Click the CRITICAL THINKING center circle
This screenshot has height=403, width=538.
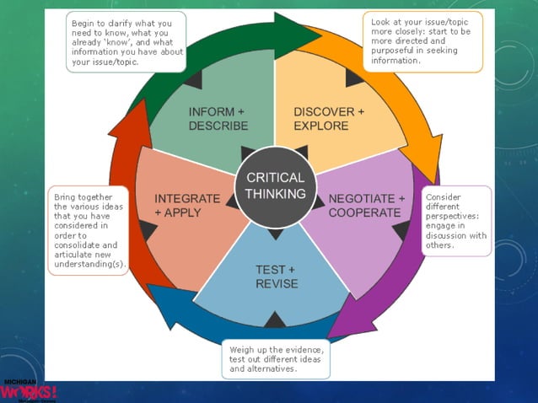(x=275, y=186)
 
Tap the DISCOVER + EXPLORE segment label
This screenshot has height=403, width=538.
(x=329, y=119)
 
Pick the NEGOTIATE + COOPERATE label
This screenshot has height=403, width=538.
(x=366, y=206)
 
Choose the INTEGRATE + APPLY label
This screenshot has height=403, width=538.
(x=178, y=206)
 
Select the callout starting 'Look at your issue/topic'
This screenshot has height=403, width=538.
(x=422, y=40)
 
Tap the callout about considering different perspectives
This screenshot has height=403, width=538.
(x=456, y=220)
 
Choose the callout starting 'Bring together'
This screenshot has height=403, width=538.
(x=88, y=230)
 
